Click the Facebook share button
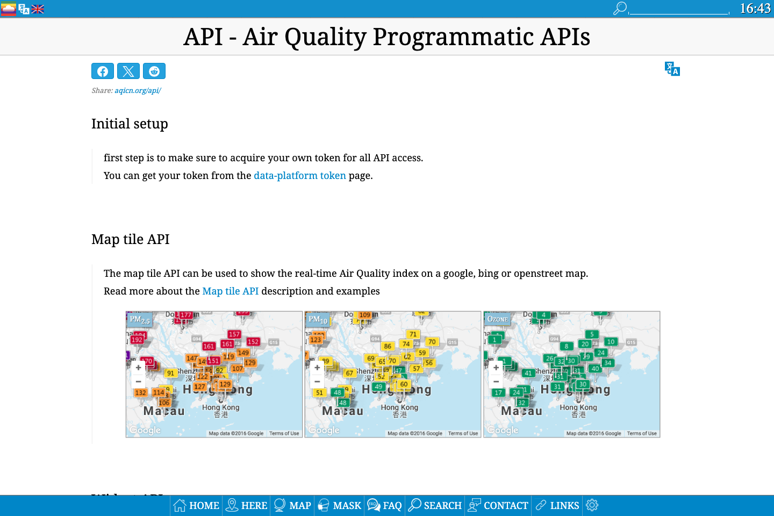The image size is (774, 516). coord(103,71)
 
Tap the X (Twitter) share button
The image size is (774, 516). coord(128,71)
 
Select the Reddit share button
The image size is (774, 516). coord(154,71)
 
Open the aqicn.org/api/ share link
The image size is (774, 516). coord(138,90)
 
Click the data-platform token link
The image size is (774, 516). coord(299,176)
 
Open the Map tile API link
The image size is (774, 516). coord(230,291)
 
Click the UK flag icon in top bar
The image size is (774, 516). coord(38,9)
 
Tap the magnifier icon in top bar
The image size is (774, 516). coord(620,9)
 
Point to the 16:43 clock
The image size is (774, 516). coord(755,9)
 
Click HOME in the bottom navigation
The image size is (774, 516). coord(196,505)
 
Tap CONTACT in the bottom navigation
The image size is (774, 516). coord(498,505)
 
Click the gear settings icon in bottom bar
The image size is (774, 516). coord(592,505)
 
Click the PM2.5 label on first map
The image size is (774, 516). coord(140,320)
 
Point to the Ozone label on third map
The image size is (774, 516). coord(497,319)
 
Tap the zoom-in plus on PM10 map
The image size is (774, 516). coord(317,368)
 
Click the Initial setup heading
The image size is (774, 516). coord(130,124)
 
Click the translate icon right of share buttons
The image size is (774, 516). coord(672,69)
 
